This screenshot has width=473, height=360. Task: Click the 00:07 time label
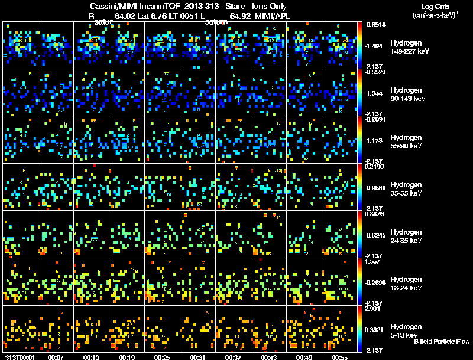click(x=56, y=357)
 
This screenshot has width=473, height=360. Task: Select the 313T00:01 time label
click(x=18, y=357)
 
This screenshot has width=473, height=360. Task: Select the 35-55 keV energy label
click(x=406, y=193)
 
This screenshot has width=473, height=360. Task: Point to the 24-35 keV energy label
click(x=406, y=241)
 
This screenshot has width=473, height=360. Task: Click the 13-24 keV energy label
click(x=406, y=288)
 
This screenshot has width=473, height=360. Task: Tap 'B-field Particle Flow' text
click(x=442, y=342)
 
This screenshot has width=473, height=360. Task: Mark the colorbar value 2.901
click(x=374, y=309)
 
